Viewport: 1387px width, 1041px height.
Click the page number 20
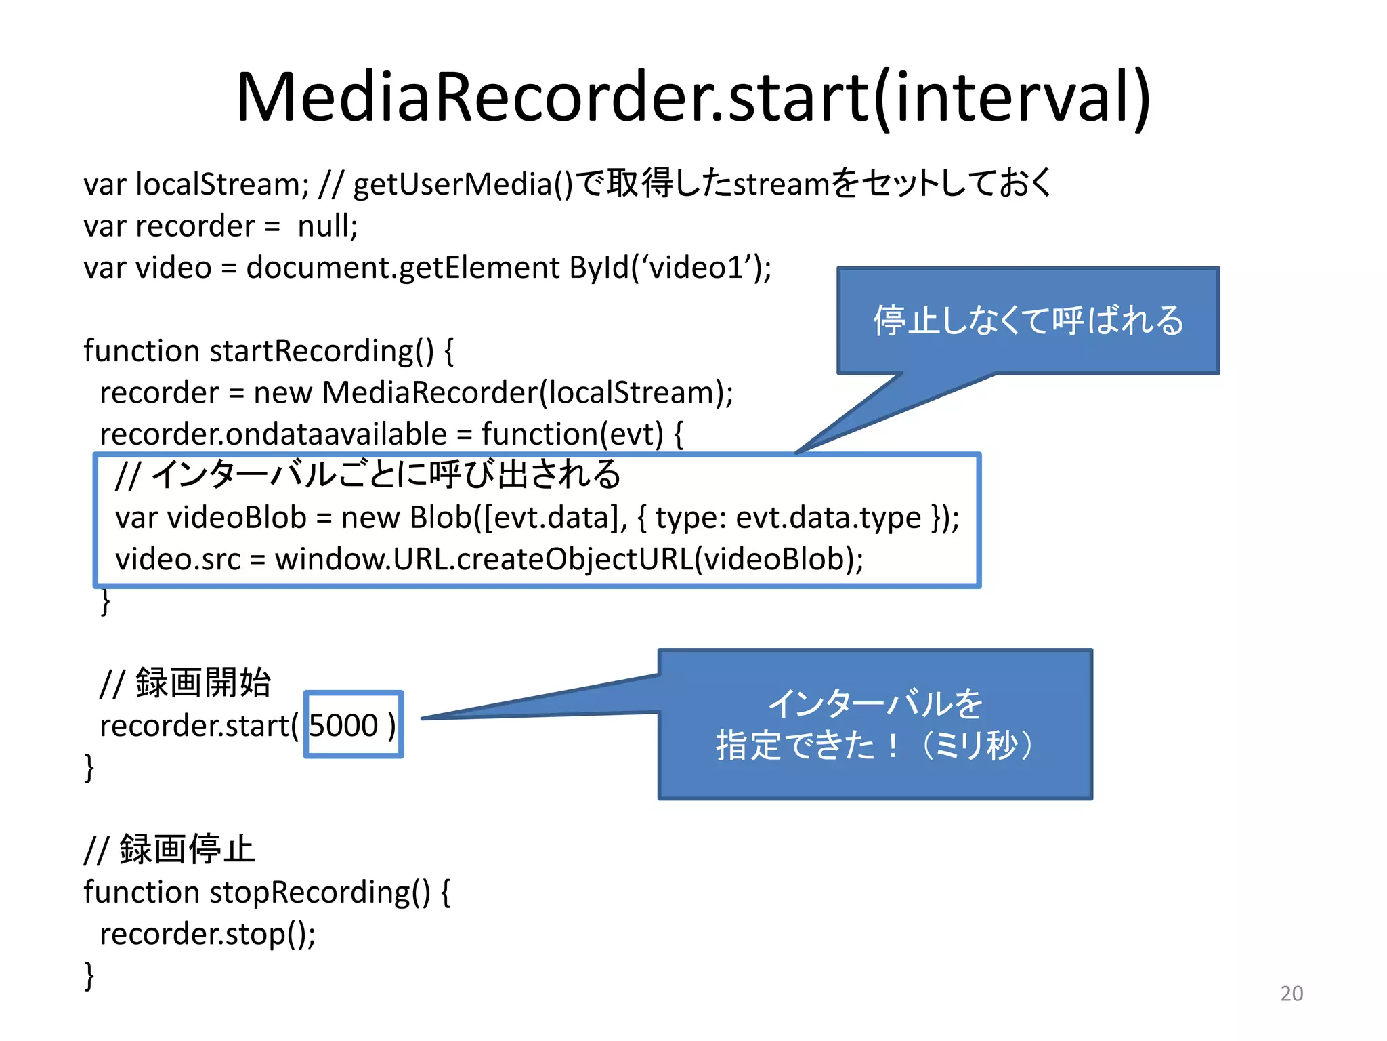point(1291,993)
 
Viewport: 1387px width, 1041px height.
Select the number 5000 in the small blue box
point(343,725)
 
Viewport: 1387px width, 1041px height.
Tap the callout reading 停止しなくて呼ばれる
point(1027,321)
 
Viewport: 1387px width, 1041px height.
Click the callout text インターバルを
point(874,703)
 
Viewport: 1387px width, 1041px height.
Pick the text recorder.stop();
point(207,934)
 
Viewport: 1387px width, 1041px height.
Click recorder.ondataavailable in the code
point(273,434)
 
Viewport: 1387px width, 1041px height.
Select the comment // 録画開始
point(185,682)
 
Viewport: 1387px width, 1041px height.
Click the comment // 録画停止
point(169,849)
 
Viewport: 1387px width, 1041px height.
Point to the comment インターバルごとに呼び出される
point(386,474)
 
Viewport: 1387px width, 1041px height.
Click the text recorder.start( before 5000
point(198,726)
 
